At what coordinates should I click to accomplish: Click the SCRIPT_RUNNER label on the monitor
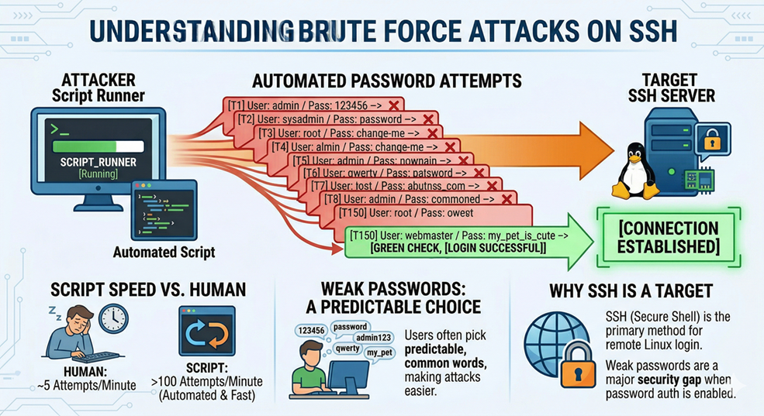(98, 163)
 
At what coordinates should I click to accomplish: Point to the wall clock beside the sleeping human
(113, 318)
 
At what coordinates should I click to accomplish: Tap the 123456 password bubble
(310, 329)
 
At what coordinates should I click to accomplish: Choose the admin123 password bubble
(373, 338)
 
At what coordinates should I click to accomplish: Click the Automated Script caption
(164, 253)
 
